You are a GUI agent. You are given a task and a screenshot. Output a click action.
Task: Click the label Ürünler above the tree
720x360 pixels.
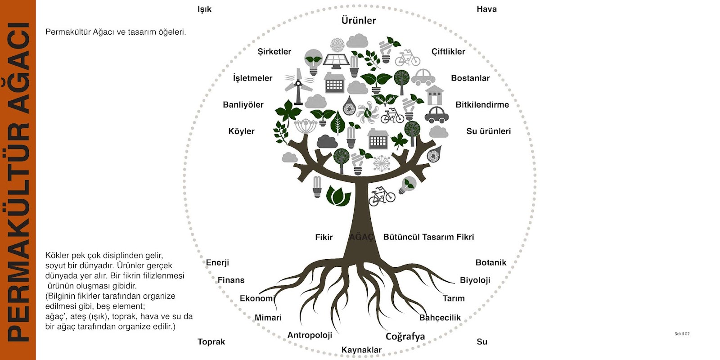tap(358, 20)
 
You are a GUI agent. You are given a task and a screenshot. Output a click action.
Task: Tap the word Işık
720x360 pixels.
tap(204, 9)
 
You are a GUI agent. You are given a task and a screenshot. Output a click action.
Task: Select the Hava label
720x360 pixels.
tap(486, 9)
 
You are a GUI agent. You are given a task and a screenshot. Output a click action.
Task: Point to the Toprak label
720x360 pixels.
tap(211, 342)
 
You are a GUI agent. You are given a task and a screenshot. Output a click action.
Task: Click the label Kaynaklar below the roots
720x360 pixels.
tap(361, 350)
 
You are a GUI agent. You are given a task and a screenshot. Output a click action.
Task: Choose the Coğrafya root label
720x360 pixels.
tap(405, 337)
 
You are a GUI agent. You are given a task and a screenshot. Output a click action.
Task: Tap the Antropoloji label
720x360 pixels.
tap(310, 335)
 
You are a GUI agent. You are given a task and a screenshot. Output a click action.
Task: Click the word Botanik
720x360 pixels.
tap(490, 262)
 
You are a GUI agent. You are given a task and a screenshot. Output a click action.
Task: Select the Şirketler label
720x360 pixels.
tap(274, 52)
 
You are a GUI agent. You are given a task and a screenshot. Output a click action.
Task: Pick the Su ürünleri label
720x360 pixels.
tap(488, 131)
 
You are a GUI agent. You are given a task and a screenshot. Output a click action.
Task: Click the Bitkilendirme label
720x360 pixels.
tap(482, 104)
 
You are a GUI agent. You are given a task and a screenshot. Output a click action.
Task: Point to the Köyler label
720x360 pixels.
tap(241, 131)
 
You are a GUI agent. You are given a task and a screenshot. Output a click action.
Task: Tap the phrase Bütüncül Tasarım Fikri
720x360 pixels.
tap(428, 237)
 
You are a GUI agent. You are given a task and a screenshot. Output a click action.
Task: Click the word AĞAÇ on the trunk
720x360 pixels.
tap(361, 237)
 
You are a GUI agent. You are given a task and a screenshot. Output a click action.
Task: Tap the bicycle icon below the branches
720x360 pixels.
tap(382, 196)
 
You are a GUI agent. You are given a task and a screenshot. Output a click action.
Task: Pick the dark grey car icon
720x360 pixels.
tap(436, 115)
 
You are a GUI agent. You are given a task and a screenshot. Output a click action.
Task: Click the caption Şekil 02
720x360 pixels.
tap(682, 333)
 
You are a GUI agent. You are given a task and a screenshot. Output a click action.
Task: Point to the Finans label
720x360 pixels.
tap(231, 280)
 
